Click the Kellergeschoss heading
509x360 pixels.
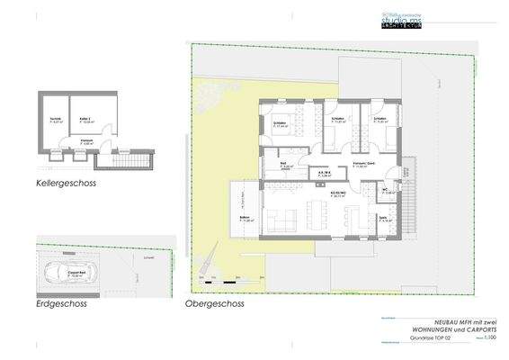pyautogui.click(x=66, y=184)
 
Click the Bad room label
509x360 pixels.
pyautogui.click(x=285, y=166)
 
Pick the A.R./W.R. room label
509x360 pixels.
pyautogui.click(x=322, y=175)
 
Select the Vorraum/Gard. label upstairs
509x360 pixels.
pyautogui.click(x=363, y=165)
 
